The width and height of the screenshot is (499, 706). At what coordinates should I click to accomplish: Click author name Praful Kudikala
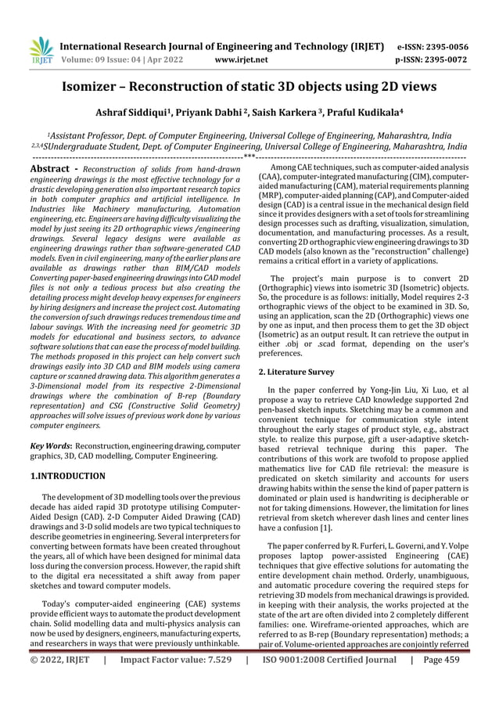click(x=361, y=113)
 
